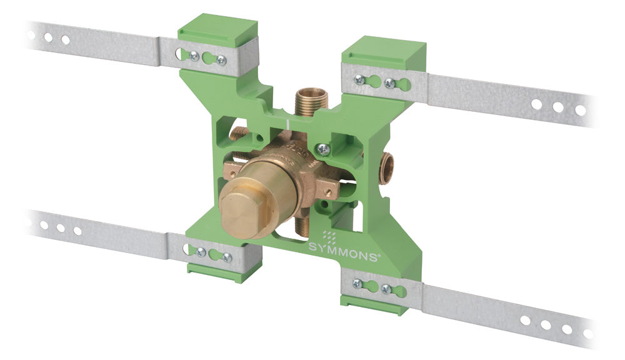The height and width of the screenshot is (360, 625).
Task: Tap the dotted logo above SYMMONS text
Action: pyautogui.click(x=329, y=236)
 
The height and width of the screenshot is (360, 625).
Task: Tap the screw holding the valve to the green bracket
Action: pyautogui.click(x=323, y=150)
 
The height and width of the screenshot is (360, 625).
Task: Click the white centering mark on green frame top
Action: pyautogui.click(x=287, y=124)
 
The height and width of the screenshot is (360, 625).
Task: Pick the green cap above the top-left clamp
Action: pyautogui.click(x=218, y=29)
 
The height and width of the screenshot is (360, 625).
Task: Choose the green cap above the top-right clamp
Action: pyautogui.click(x=384, y=52)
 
